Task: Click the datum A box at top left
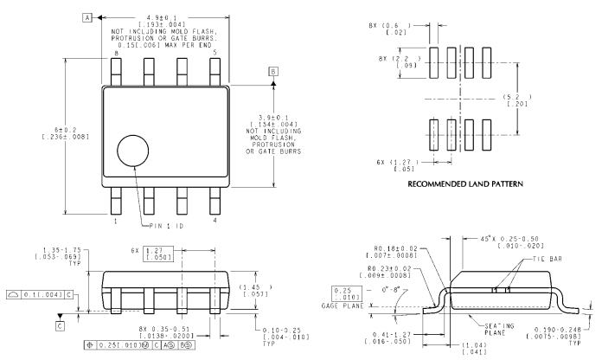coord(87,17)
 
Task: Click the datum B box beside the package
coord(273,72)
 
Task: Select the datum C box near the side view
coord(60,325)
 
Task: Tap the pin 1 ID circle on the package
coord(133,151)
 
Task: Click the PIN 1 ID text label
coord(166,226)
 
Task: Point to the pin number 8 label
coord(116,54)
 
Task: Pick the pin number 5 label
coord(215,52)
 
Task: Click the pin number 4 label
coord(215,221)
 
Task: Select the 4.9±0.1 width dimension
coord(162,18)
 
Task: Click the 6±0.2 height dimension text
coord(66,130)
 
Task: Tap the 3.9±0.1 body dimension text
coord(273,118)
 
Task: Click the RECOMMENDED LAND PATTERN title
coord(465,184)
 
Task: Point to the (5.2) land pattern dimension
coord(517,97)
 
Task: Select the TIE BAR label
coord(548,259)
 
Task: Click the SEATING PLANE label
coord(499,329)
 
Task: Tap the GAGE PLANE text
coord(343,305)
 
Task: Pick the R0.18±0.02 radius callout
coord(395,248)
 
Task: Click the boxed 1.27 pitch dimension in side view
coord(157,254)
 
